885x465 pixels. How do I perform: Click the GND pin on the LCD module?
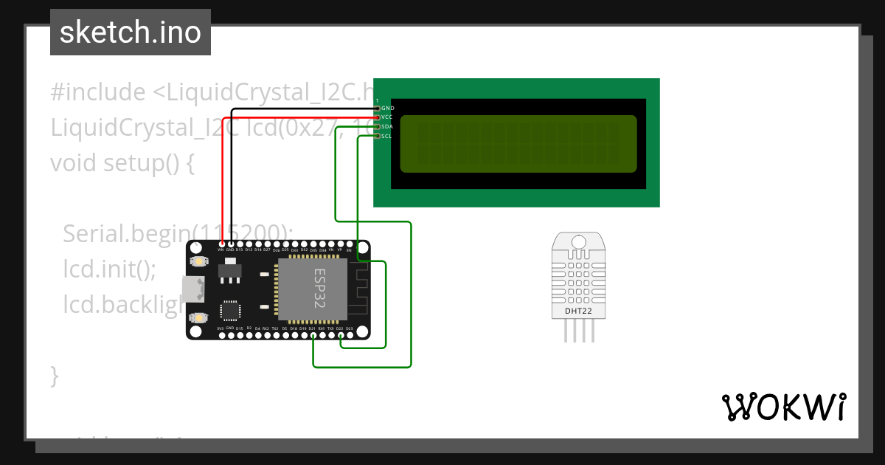(377, 108)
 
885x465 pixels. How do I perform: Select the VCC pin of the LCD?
(377, 117)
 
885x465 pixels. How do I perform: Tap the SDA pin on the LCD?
(377, 126)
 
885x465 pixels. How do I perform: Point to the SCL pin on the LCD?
(377, 136)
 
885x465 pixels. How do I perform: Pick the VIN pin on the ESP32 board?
(221, 244)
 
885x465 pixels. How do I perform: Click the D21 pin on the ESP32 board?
(313, 335)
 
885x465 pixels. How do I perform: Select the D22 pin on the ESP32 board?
(340, 335)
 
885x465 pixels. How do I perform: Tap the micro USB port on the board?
(193, 289)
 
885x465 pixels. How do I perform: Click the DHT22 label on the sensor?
(579, 311)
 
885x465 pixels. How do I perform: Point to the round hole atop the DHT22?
(579, 242)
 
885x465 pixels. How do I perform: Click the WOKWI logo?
(783, 407)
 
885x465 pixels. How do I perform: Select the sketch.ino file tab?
(131, 32)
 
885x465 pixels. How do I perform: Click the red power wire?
(222, 185)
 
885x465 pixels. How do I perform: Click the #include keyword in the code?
(98, 92)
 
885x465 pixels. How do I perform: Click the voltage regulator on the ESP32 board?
(230, 272)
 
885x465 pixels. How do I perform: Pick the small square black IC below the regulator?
(230, 310)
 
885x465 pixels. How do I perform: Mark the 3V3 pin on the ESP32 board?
(221, 335)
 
